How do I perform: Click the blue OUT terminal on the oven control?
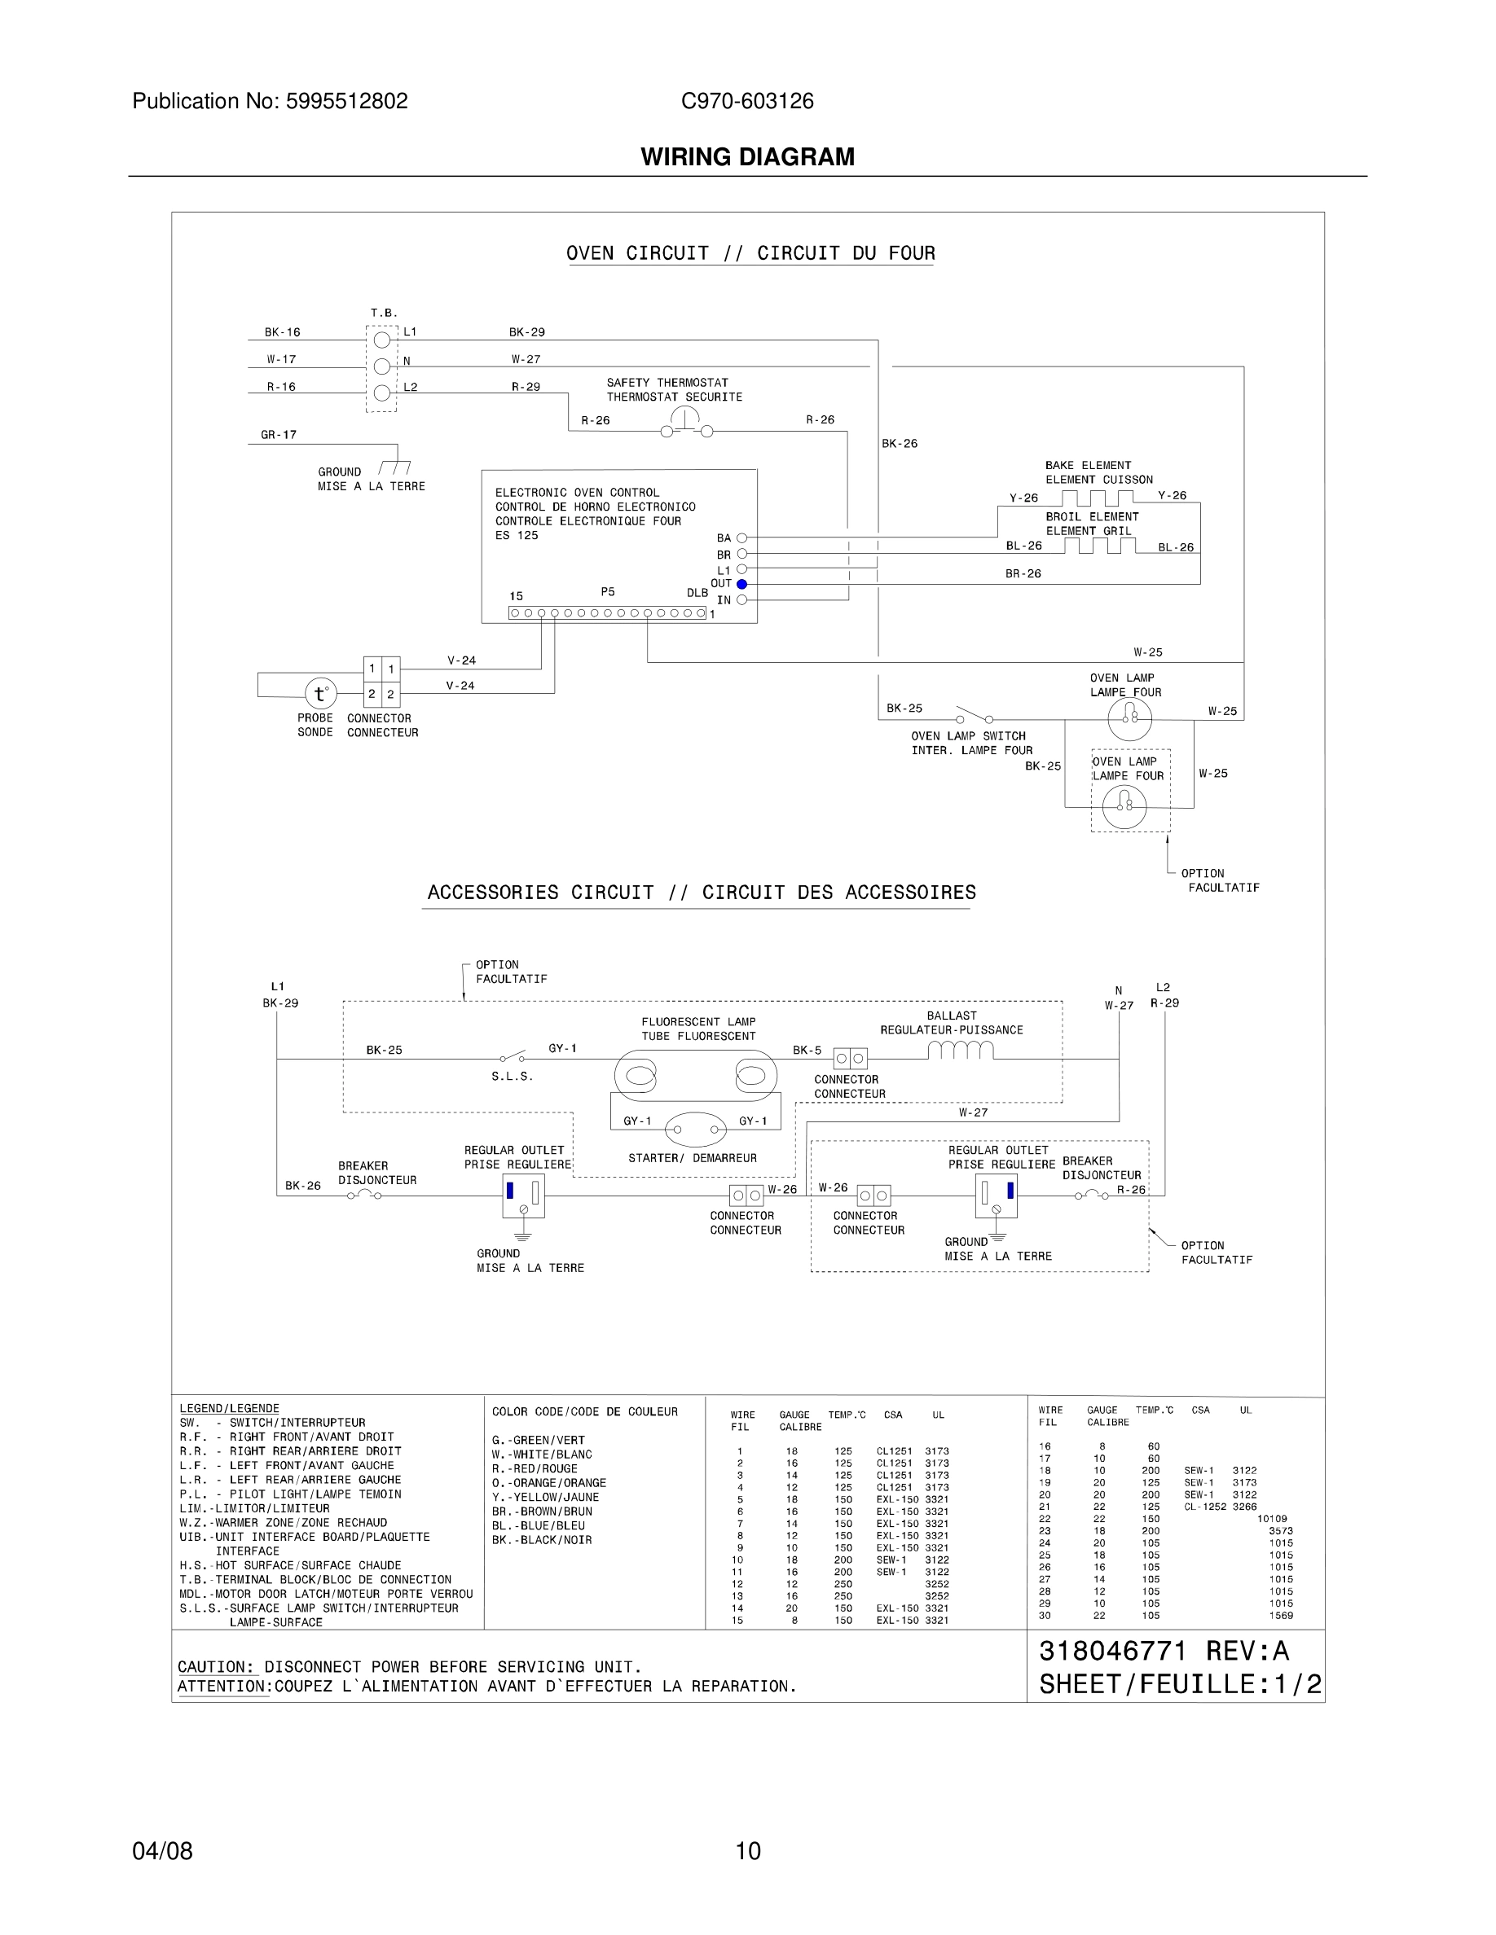tap(741, 584)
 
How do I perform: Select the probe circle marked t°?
tap(320, 695)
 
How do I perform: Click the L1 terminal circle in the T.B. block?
tap(382, 340)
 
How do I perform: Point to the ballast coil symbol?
tap(961, 1051)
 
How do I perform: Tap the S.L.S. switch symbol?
tap(513, 1057)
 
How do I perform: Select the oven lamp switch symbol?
tap(973, 715)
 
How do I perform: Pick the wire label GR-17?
tap(279, 435)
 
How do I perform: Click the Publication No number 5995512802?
tap(345, 101)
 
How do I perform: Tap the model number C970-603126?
tap(747, 101)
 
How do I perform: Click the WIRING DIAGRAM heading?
tap(747, 157)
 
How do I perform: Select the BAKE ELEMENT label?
tap(1088, 465)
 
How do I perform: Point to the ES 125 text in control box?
tap(516, 535)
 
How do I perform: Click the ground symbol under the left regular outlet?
tap(523, 1233)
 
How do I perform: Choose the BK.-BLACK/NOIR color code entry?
tap(542, 1540)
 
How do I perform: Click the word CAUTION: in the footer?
tap(215, 1666)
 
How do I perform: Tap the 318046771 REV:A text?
tap(1163, 1651)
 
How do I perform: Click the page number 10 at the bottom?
tap(747, 1851)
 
